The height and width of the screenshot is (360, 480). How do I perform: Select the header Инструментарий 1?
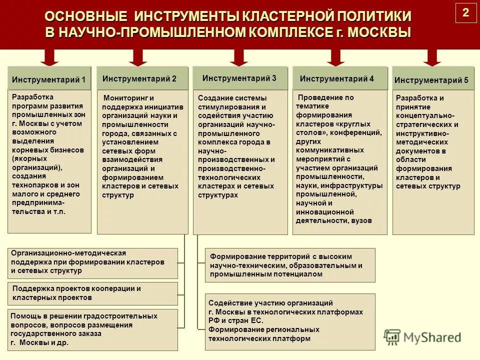click(x=49, y=79)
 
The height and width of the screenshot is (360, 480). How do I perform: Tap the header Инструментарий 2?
click(x=139, y=78)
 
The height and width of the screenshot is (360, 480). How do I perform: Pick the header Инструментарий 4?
click(x=337, y=78)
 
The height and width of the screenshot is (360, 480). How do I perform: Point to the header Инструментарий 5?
click(x=431, y=80)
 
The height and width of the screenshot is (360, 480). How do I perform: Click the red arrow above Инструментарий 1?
click(x=48, y=57)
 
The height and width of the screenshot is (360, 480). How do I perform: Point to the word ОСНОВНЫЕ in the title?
click(x=82, y=16)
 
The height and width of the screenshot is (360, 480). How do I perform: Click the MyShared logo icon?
click(x=392, y=337)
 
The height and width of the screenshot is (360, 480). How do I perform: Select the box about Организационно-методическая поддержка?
click(x=93, y=262)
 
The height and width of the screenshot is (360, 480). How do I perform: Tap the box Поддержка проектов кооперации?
click(x=93, y=293)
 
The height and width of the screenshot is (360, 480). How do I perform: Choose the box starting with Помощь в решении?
click(x=93, y=329)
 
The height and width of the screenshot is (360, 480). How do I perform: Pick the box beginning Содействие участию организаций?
click(x=290, y=321)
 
